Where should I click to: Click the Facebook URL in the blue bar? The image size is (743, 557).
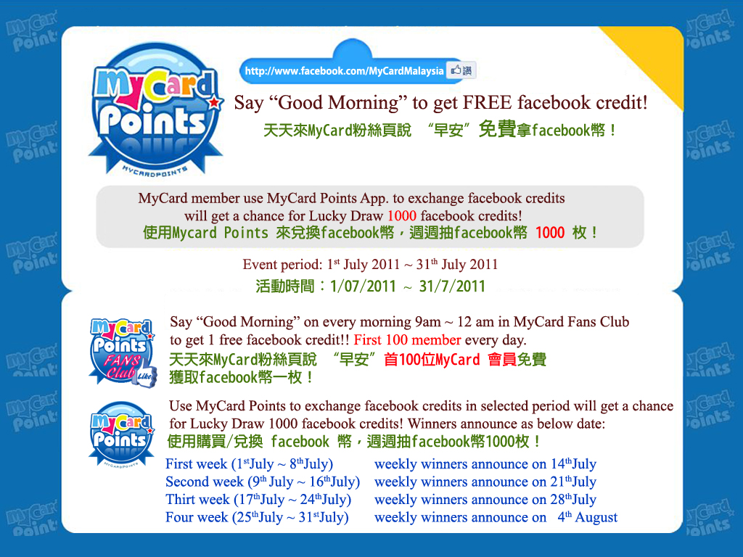tap(344, 71)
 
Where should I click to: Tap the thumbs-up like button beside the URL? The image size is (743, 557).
tap(461, 70)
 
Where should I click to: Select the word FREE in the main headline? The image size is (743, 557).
tap(487, 102)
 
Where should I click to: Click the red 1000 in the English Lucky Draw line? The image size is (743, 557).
tap(402, 216)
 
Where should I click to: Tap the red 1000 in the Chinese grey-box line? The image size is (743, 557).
tap(550, 233)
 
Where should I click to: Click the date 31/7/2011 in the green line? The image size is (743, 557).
tap(452, 286)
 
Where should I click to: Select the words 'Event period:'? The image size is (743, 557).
tap(282, 264)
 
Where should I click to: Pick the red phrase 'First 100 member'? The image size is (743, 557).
tap(408, 339)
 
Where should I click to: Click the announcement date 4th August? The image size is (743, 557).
tap(588, 516)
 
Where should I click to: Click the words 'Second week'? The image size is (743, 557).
tap(204, 482)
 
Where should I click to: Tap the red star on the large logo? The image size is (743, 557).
tap(215, 102)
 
